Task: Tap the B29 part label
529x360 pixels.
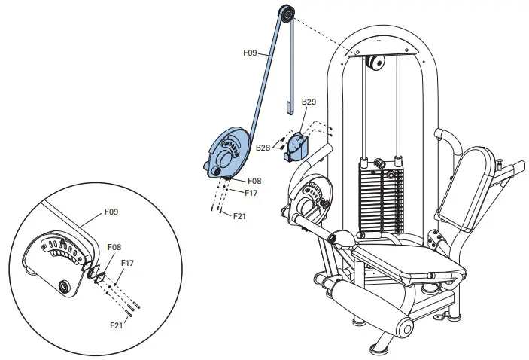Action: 309,101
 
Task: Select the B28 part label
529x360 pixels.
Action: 263,148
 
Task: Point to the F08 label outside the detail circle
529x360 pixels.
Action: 254,181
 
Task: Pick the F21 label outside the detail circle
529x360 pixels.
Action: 240,216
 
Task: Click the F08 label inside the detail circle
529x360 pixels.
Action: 114,246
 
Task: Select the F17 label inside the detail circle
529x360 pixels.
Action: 128,263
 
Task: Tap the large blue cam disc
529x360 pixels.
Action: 225,151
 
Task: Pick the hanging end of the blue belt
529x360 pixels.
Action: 289,111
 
